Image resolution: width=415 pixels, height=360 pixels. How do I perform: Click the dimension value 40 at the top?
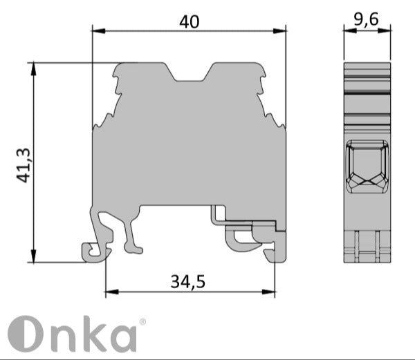[x=189, y=21]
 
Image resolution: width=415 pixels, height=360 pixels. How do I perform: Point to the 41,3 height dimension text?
[x=24, y=164]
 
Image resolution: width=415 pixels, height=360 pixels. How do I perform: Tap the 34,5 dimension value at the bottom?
[x=188, y=281]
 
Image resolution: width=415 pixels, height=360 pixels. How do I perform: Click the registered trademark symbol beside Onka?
[x=142, y=321]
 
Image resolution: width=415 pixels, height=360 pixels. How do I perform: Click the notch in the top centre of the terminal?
[x=189, y=73]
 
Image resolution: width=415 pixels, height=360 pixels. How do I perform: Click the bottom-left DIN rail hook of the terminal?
[x=94, y=251]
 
